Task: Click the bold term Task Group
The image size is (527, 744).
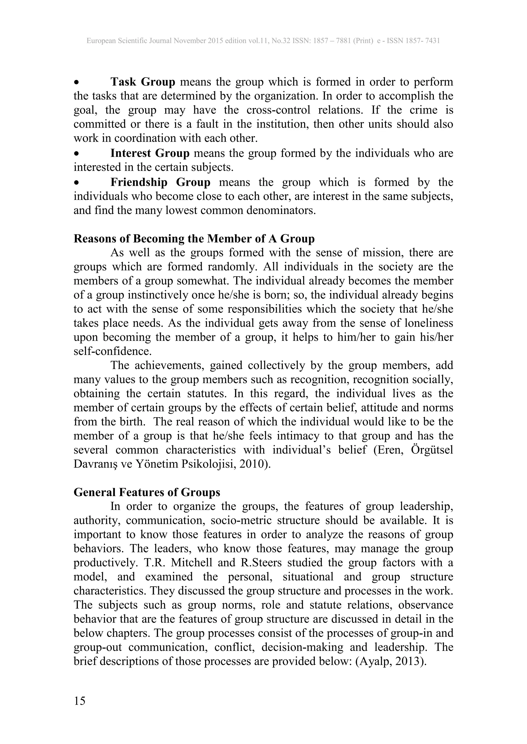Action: pos(143,82)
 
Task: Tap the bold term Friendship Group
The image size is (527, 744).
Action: pos(160,182)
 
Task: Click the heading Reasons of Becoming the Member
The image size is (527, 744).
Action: pos(194,239)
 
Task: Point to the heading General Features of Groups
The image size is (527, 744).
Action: pos(147,493)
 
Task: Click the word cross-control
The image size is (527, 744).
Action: pos(278,110)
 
